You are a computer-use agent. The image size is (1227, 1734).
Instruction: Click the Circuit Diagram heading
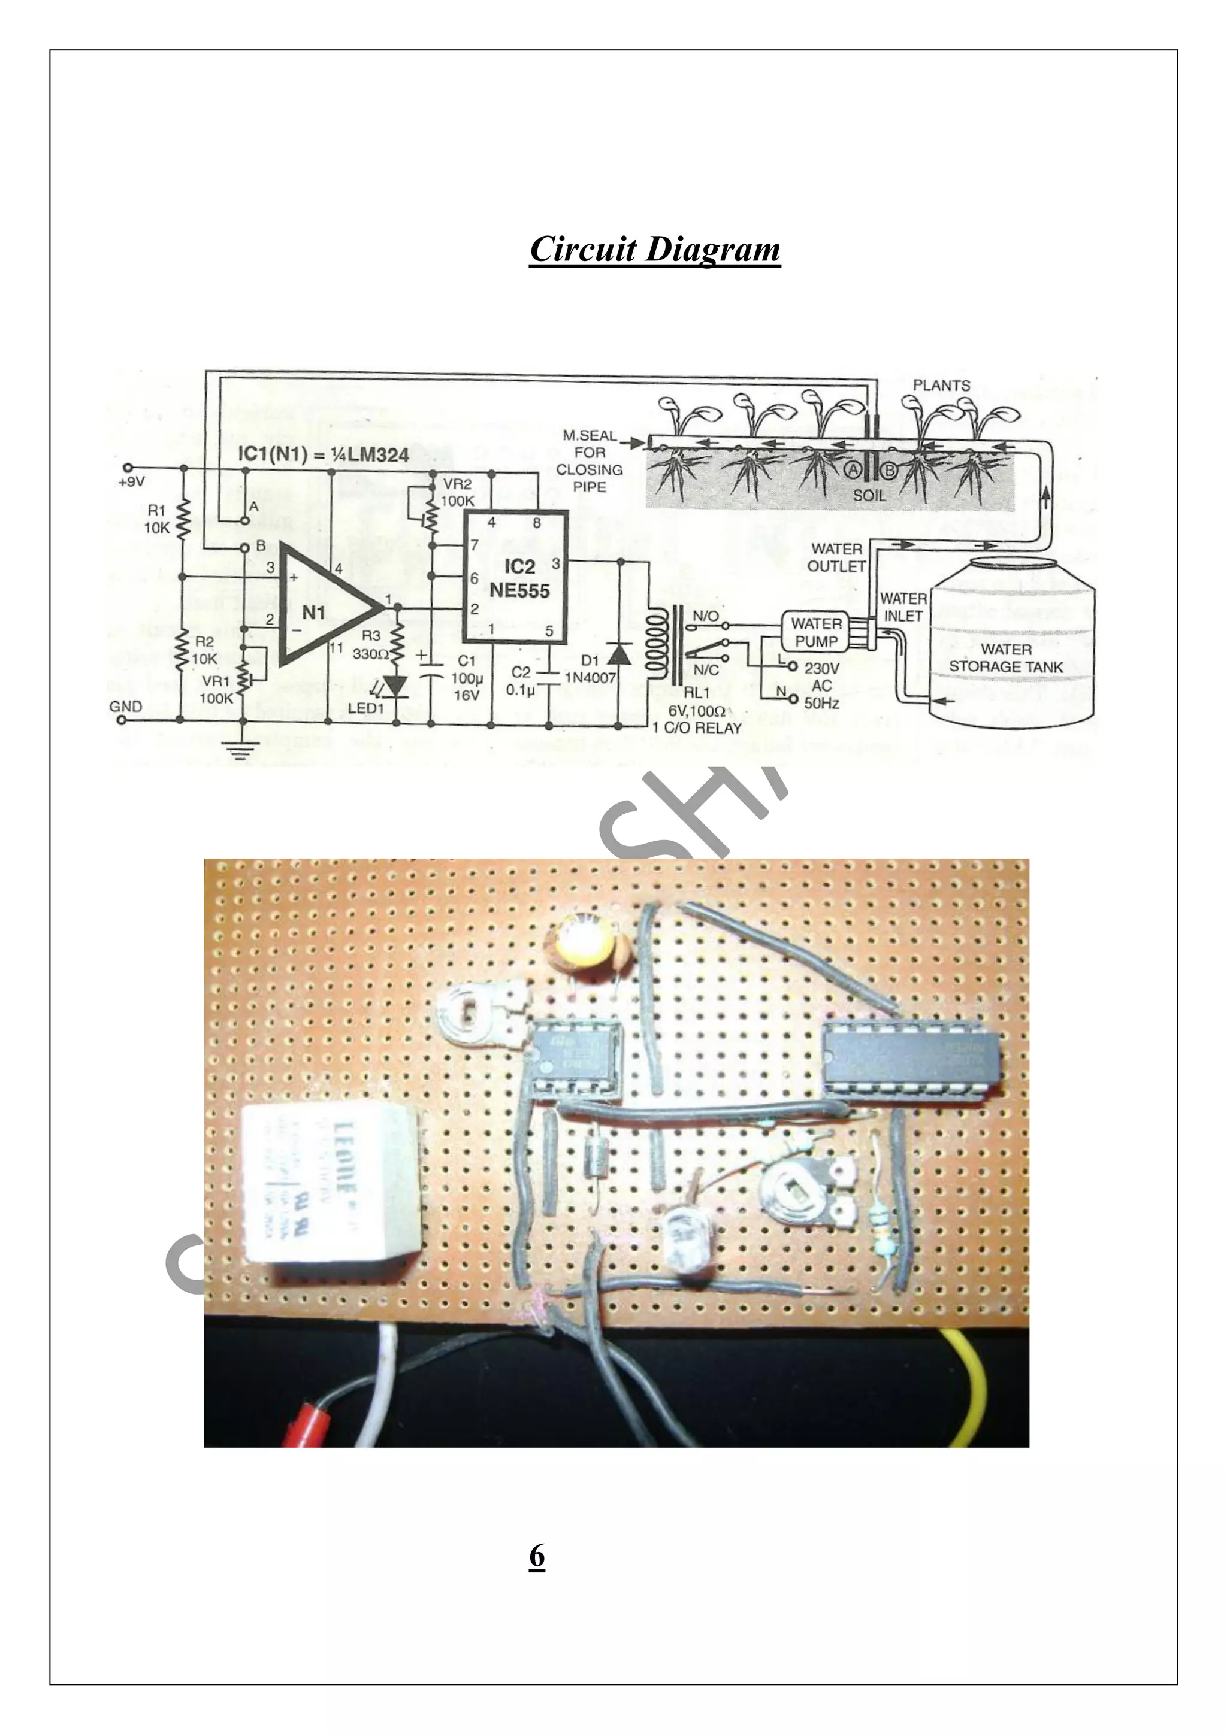pos(654,249)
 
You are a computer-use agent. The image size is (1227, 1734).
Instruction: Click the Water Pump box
pos(816,633)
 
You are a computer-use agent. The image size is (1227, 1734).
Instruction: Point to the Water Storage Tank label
pos(1006,658)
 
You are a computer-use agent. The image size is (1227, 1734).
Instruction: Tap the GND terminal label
pos(125,707)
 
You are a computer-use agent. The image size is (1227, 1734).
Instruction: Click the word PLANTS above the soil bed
pos(941,385)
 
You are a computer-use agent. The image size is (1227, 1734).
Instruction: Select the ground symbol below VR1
pos(243,749)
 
